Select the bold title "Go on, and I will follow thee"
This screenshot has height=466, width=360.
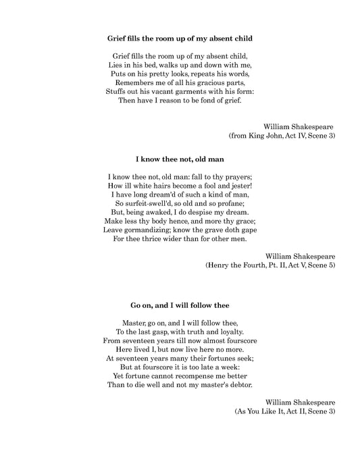[180, 305]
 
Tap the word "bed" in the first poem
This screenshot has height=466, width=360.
[154, 63]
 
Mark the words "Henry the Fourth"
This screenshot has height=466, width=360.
[237, 266]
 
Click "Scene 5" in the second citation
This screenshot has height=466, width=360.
[319, 266]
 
